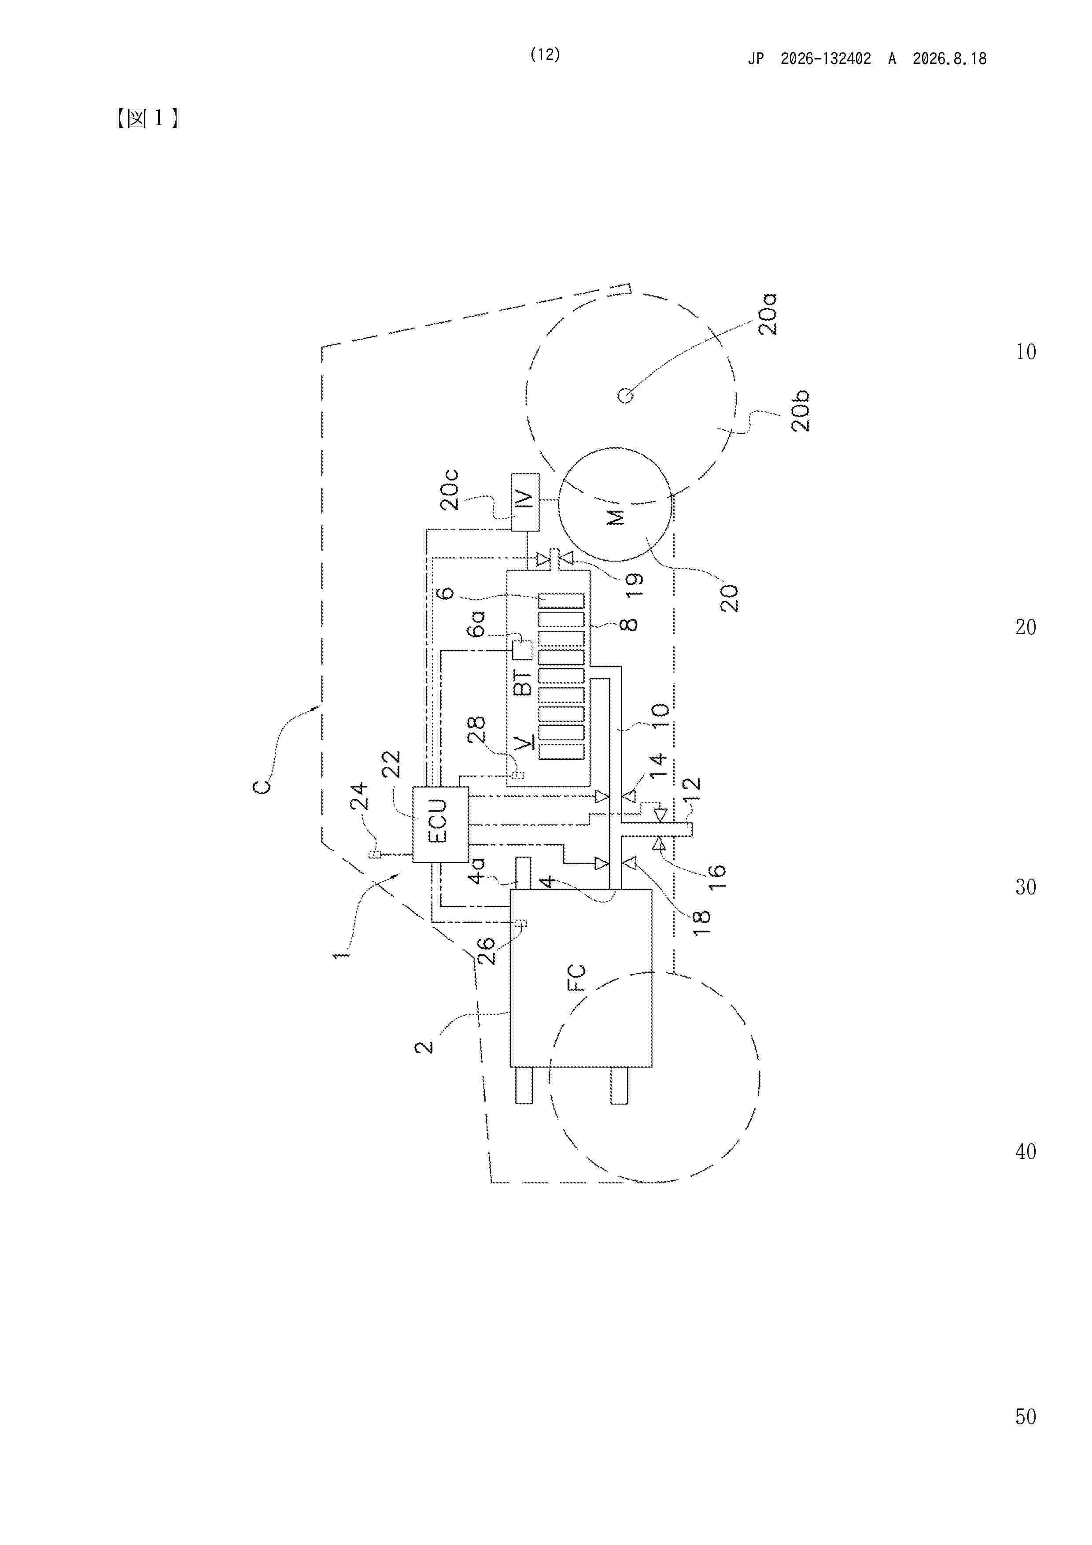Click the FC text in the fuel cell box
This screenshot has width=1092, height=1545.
[x=577, y=978]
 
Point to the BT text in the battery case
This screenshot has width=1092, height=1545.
[x=522, y=682]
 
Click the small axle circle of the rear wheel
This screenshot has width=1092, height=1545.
[x=625, y=395]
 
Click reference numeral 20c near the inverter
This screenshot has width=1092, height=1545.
[x=449, y=490]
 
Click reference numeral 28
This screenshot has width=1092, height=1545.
[x=476, y=729]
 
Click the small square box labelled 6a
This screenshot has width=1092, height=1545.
[x=522, y=650]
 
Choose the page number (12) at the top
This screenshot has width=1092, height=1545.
[x=545, y=55]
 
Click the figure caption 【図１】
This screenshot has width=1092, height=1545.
[x=147, y=118]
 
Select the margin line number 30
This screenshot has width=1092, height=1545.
[x=1026, y=887]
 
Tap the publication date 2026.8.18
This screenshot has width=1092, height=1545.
[x=949, y=59]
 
